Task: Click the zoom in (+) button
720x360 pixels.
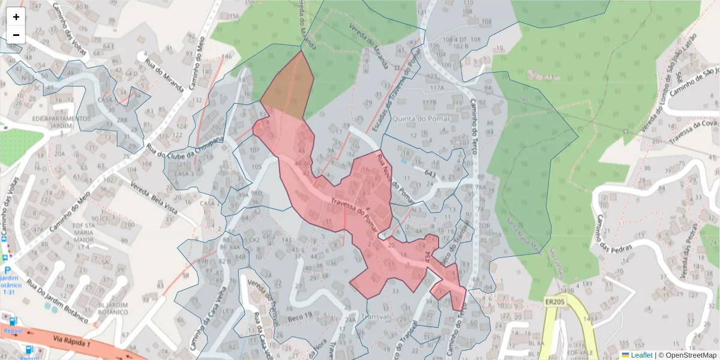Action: tap(16, 17)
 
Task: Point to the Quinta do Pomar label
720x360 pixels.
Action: tap(416, 119)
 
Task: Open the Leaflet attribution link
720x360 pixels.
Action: tap(641, 355)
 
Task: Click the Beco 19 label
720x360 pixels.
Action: tap(300, 316)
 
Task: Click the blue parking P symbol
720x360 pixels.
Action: tap(7, 271)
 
